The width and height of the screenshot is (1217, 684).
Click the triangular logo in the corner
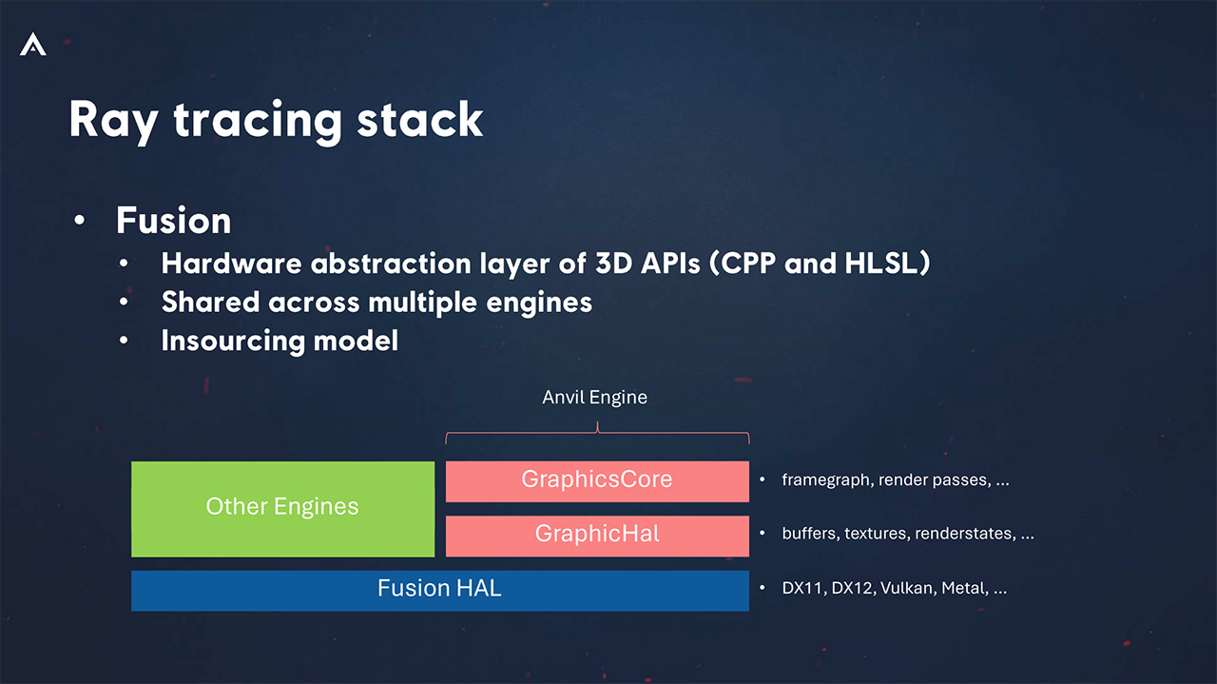(33, 44)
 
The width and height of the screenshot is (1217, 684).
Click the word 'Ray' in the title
(113, 122)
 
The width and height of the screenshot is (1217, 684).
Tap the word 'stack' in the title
(420, 120)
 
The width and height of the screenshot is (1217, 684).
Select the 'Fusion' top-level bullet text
(174, 221)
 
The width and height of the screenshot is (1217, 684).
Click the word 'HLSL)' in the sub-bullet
(888, 264)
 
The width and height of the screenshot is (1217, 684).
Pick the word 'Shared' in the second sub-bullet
(210, 303)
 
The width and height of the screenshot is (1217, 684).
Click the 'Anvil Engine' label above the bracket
(595, 398)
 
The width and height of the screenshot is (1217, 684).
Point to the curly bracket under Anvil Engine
(598, 432)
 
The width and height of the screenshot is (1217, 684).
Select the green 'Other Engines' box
(283, 509)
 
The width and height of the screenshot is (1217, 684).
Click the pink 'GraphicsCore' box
(598, 481)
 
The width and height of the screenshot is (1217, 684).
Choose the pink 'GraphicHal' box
(598, 537)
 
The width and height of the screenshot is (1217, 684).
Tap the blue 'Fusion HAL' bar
(440, 591)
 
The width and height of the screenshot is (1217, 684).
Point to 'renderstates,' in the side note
(965, 534)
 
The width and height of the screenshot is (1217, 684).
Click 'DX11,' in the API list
(804, 588)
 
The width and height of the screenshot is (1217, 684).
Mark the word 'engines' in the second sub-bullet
(539, 303)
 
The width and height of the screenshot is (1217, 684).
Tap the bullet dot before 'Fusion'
(79, 220)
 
